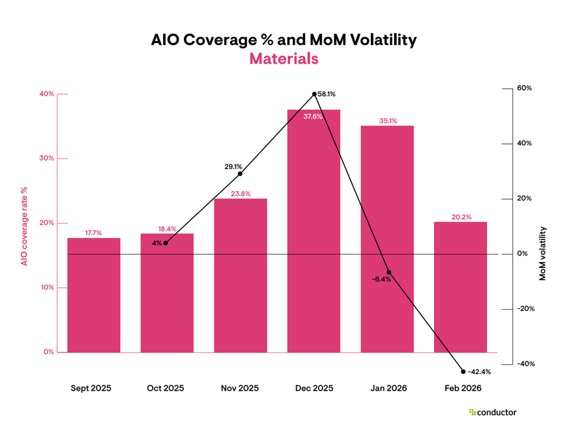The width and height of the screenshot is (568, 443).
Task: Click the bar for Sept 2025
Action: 94,294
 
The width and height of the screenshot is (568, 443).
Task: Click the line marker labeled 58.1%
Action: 314,94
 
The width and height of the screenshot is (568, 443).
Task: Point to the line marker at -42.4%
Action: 463,371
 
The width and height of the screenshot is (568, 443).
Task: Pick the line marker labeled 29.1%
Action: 240,174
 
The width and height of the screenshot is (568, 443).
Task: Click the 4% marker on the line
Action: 165,243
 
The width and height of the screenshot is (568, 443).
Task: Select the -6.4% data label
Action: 382,279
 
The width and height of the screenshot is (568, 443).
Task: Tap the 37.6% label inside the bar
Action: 313,117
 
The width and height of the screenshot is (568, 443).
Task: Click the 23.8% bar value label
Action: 240,194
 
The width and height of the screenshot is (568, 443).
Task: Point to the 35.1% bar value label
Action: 388,121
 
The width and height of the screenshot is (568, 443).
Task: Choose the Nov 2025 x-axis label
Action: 240,388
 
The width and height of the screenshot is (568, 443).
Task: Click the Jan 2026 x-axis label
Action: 388,388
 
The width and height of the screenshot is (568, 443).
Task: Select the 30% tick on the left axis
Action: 46,158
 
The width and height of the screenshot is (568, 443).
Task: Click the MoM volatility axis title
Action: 542,253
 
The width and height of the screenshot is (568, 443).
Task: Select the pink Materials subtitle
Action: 284,58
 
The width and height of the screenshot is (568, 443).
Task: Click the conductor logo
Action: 492,412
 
